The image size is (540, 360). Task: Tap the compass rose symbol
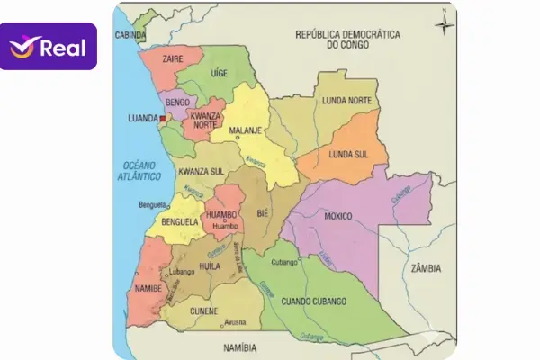(x=444, y=23)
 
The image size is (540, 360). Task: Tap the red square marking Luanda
(x=163, y=118)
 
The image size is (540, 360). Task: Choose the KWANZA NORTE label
(x=205, y=119)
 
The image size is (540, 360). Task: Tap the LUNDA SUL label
(x=348, y=154)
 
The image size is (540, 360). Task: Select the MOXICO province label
(x=337, y=216)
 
